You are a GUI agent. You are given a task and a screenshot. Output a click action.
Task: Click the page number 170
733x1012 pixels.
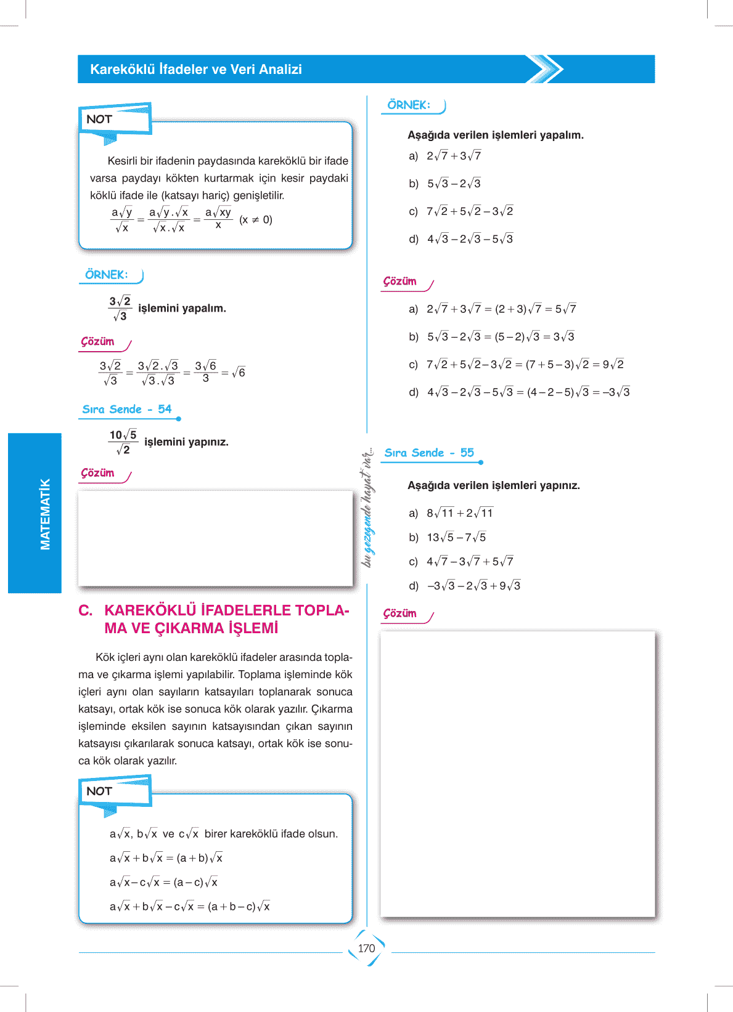[366, 949]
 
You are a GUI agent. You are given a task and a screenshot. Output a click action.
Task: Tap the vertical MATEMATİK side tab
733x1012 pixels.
[44, 514]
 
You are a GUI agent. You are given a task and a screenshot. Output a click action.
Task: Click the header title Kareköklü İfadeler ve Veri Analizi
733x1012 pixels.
[196, 70]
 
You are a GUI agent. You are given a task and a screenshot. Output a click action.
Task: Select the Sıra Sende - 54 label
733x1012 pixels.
[127, 410]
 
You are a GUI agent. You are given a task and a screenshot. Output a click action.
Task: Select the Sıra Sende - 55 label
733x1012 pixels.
[429, 453]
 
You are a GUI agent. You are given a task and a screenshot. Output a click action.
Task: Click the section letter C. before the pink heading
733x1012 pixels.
[86, 610]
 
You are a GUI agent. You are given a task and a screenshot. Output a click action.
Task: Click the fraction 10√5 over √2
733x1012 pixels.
[123, 442]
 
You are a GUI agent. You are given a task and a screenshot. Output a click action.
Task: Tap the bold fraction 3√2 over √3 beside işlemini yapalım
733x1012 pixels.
[120, 309]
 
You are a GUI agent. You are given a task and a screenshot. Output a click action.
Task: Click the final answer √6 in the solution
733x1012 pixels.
[239, 373]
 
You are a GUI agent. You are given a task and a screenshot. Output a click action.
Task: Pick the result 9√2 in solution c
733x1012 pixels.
[613, 365]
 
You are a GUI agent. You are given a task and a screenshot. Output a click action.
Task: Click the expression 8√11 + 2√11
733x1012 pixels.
[460, 513]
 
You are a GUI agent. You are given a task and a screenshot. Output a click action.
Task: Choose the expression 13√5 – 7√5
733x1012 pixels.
[456, 538]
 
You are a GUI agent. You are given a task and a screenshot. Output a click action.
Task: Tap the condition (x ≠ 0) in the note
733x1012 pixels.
[256, 220]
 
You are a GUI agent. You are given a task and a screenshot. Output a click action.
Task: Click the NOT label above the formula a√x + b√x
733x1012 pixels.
[99, 791]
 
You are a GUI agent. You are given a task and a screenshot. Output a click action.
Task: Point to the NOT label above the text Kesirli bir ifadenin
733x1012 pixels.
[99, 119]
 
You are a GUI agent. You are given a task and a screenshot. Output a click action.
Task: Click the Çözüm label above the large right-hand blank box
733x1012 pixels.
[400, 614]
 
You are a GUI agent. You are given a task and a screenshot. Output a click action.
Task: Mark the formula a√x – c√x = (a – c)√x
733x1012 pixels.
[163, 883]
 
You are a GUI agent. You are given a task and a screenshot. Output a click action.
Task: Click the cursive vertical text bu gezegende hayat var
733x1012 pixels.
[367, 508]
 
